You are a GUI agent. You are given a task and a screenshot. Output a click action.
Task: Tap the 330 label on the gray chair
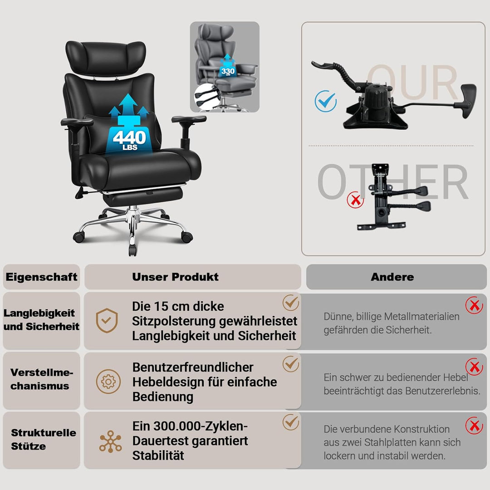pos(228,71)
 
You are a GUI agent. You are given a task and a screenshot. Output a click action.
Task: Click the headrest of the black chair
pos(106,58)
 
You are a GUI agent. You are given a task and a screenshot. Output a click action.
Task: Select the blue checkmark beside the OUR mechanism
pos(326,101)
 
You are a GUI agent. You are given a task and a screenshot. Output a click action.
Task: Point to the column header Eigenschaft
pos(42,277)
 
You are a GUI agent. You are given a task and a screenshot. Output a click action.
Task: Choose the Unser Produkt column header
pos(175,277)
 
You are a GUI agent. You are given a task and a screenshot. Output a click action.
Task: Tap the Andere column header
pos(392,277)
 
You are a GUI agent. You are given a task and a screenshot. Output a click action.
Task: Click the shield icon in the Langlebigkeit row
pos(107,320)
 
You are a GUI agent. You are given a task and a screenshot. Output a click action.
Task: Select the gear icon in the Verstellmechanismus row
pos(108,382)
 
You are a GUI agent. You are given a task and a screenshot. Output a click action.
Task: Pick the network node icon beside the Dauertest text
pos(110,441)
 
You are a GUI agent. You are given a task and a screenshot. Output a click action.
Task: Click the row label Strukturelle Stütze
pos(44,439)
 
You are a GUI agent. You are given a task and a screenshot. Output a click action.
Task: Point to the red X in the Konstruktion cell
pos(474,425)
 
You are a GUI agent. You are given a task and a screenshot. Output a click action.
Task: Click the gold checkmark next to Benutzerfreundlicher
pos(291,364)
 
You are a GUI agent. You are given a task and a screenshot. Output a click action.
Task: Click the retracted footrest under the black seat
pos(143,196)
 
